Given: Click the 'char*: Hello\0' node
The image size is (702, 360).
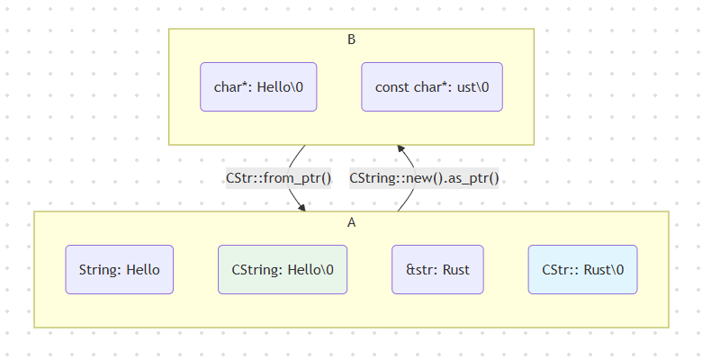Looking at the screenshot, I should (258, 86).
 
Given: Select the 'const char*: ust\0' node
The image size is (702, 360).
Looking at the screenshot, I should (432, 86).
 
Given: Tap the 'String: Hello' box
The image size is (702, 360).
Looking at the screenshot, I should (119, 269).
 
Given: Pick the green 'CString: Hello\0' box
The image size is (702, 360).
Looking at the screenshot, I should (283, 269).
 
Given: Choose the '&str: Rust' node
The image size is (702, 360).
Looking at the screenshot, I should (437, 269).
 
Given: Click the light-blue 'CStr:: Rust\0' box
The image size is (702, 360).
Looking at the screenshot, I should (582, 269).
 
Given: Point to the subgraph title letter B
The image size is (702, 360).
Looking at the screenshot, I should (352, 40).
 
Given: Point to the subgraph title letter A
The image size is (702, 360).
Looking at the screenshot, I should (352, 222).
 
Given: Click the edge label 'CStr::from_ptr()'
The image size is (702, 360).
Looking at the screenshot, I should (278, 178).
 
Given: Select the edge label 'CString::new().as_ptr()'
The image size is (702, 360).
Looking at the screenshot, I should (424, 178).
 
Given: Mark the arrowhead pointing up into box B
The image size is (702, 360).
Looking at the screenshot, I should (401, 148).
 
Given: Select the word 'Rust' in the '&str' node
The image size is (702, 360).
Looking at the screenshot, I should (454, 269).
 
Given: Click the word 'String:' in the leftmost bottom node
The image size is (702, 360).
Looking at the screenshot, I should (100, 269).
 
